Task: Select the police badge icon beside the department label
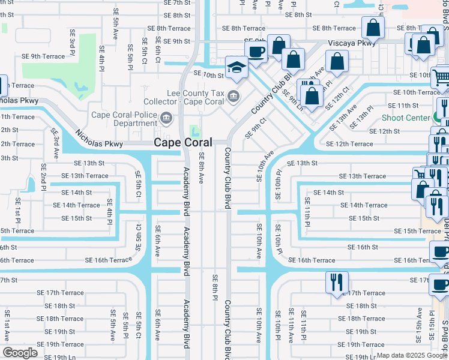point(168,117)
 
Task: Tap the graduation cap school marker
point(237,67)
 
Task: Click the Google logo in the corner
point(20,353)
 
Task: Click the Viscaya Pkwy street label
point(352,43)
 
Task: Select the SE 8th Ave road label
point(202,169)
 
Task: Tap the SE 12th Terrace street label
point(349,144)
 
